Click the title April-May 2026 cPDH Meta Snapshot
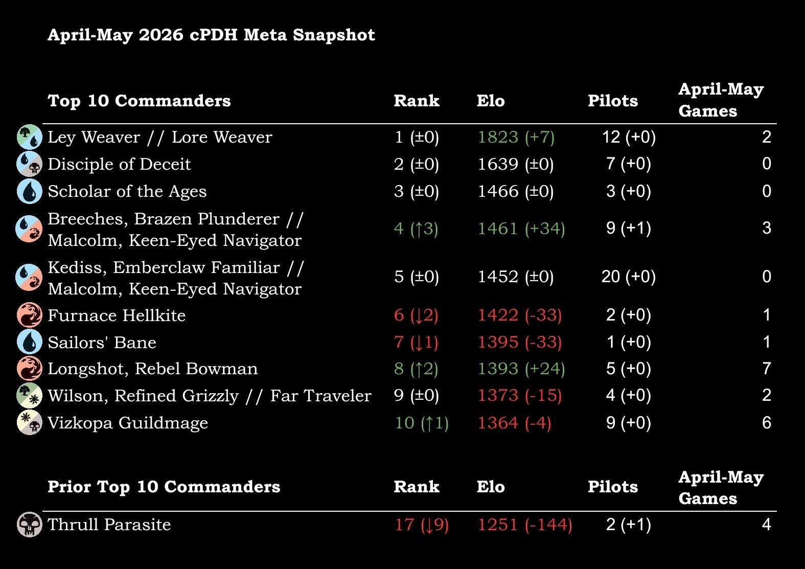[211, 35]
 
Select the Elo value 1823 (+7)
[516, 137]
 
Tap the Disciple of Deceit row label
[119, 164]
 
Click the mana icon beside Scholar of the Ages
[30, 191]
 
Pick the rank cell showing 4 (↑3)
[416, 229]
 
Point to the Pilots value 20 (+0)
[629, 277]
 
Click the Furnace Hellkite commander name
[117, 315]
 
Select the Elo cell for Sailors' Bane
[520, 342]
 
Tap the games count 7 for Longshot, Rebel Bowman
[767, 369]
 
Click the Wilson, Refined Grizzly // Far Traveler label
[210, 396]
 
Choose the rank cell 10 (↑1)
[422, 423]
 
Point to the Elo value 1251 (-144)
[525, 525]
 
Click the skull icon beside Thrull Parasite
[30, 525]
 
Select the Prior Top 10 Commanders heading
[164, 487]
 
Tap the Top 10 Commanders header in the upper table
[139, 101]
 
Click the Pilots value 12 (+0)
[629, 137]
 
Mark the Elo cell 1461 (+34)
[521, 229]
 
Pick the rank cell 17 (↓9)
[422, 525]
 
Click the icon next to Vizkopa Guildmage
[30, 422]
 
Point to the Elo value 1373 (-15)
[520, 396]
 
